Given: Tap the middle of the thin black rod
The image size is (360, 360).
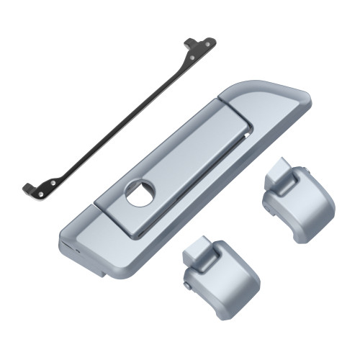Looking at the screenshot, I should [x=119, y=115].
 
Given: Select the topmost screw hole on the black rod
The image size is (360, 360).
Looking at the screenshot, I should [x=209, y=42].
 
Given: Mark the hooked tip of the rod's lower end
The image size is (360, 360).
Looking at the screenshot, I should [x=27, y=189].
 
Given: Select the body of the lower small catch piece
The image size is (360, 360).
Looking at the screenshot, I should [x=223, y=281].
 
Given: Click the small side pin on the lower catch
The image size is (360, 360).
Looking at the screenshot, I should [x=186, y=288].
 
